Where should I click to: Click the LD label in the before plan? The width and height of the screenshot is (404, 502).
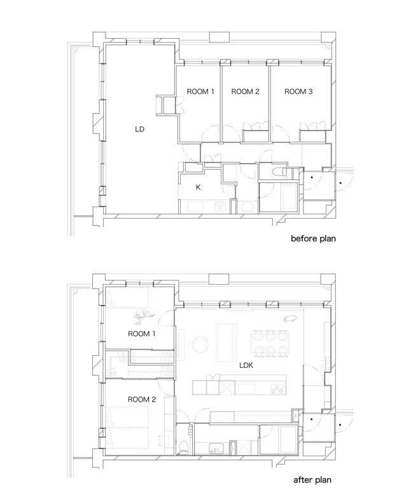tap(139, 130)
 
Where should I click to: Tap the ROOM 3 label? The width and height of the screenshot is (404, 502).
tap(298, 92)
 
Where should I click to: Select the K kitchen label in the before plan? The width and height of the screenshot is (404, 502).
tap(198, 187)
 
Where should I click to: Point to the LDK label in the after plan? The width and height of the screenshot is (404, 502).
tap(246, 365)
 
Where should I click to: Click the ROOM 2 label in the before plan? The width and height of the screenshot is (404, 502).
tap(246, 92)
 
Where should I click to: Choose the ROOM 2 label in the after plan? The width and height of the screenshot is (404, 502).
tap(142, 400)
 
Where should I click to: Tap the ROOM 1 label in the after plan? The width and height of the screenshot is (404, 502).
tap(141, 334)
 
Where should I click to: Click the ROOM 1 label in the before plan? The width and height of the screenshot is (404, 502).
tap(200, 92)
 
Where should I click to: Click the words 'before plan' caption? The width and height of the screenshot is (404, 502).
tap(313, 238)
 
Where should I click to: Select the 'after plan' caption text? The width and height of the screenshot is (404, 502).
tap(312, 480)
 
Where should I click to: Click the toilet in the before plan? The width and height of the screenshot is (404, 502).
tap(279, 172)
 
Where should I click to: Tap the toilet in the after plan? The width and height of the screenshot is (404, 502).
tap(184, 447)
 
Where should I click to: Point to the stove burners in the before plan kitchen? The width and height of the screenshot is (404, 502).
tap(220, 205)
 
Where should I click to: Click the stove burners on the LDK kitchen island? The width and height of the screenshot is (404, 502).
tap(276, 389)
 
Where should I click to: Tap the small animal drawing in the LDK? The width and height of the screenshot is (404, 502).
tap(290, 318)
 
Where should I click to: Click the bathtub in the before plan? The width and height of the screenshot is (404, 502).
tap(290, 197)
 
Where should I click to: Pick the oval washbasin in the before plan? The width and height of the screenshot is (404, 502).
tap(247, 207)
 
